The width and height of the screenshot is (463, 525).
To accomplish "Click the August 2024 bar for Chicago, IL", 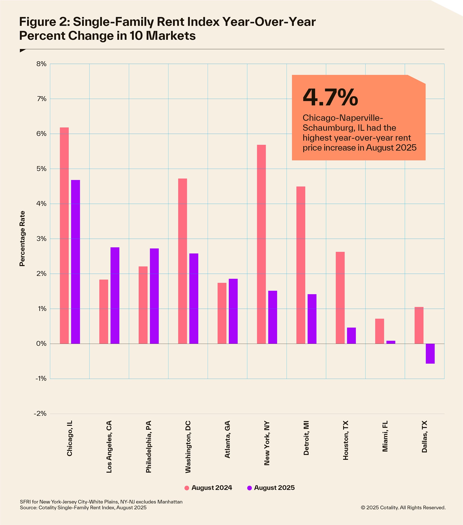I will [x=64, y=235].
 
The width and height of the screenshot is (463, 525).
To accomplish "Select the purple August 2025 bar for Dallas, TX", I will [x=430, y=354].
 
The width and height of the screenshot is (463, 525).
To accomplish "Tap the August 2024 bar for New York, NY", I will [x=261, y=244].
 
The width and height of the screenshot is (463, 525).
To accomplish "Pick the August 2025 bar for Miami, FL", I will [x=391, y=342].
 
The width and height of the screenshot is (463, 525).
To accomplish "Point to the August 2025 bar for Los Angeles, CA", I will [x=115, y=295].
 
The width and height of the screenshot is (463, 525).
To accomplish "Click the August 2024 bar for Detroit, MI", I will [x=301, y=265].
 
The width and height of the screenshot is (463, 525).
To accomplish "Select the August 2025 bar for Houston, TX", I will [x=351, y=335].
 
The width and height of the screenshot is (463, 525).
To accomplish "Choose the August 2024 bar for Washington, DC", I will [x=183, y=261].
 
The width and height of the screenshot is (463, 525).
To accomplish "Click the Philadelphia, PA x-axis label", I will [x=149, y=447].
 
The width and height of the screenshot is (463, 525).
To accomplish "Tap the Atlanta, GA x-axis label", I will [x=227, y=439].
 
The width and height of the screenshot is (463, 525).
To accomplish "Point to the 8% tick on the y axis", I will [x=41, y=64].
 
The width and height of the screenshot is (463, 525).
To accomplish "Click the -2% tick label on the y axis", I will [x=40, y=414].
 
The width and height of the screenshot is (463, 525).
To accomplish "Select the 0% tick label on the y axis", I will [x=41, y=344].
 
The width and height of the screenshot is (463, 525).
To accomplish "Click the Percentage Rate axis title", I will [x=22, y=239].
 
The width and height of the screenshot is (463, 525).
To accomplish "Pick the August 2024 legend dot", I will [x=187, y=488].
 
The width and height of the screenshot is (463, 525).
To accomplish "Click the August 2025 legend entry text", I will [x=274, y=488].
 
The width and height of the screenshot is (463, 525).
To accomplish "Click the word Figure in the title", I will [x=35, y=22].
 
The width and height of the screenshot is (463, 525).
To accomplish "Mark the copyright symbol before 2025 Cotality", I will [x=363, y=508].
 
